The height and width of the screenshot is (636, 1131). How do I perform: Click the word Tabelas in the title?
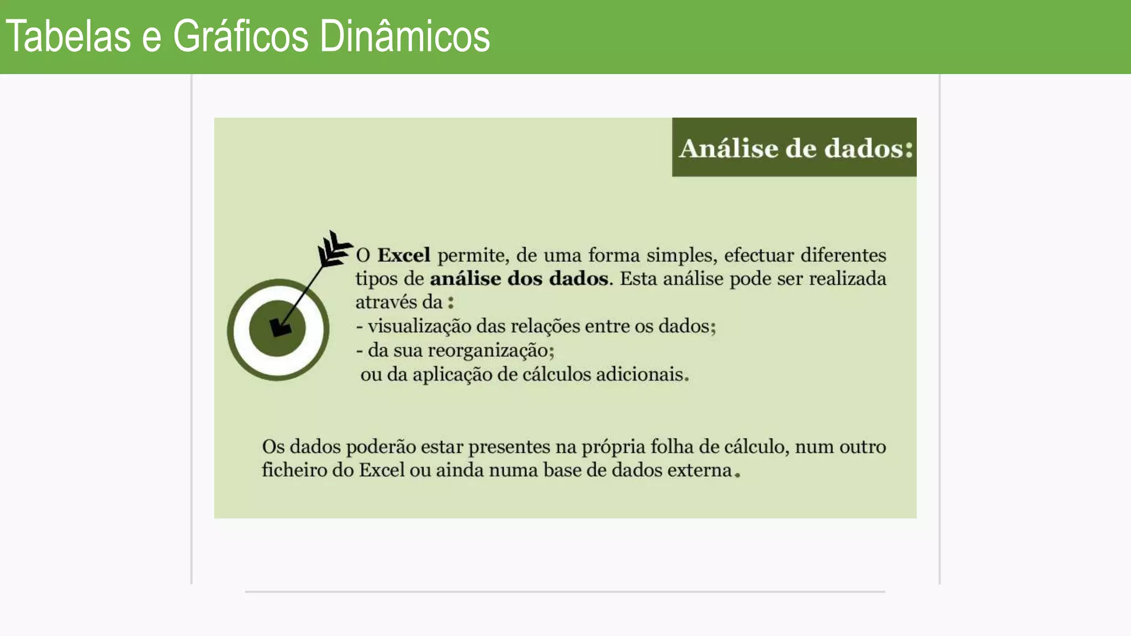point(68,36)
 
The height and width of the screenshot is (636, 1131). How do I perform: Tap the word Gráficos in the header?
point(241,36)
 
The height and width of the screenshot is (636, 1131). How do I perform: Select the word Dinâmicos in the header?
point(405,36)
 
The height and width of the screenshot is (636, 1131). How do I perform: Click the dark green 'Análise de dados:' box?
point(794,147)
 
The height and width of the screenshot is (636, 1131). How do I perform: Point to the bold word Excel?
point(404,256)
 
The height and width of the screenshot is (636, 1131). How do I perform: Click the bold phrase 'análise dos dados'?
point(519,279)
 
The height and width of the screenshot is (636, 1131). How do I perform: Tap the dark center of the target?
point(277,329)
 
